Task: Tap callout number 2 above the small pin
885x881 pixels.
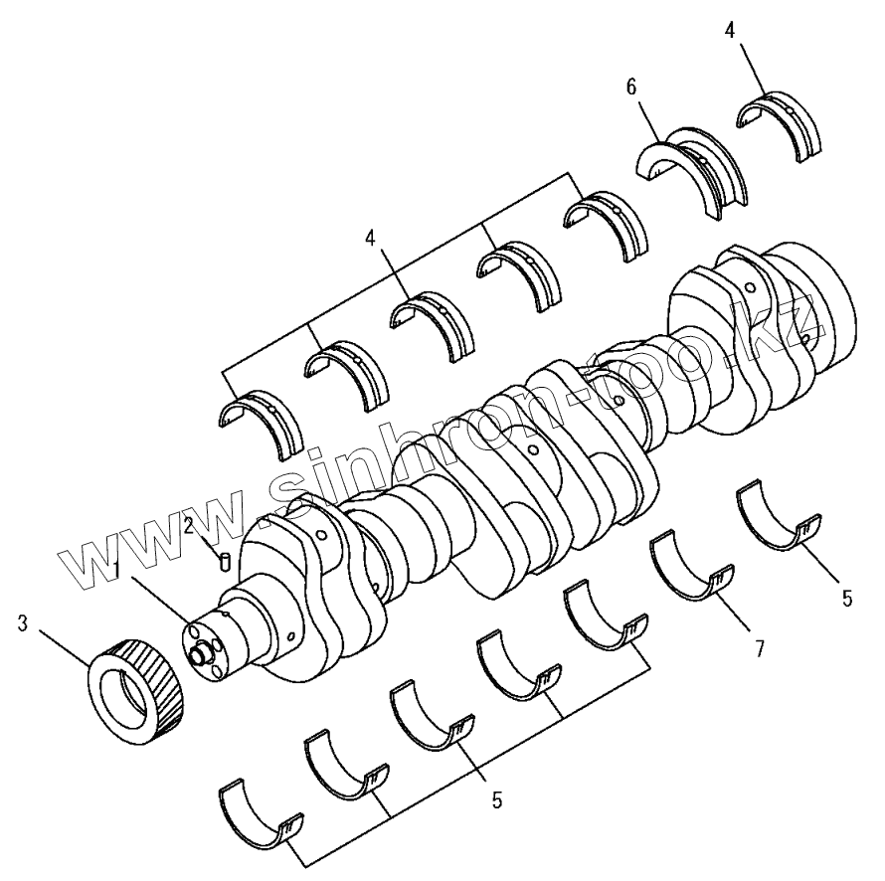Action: [x=189, y=526]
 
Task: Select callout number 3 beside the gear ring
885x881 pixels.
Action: [x=23, y=623]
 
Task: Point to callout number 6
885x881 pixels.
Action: [x=631, y=87]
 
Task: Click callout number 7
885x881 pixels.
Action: [x=759, y=649]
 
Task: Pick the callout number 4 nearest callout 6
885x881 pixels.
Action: [x=730, y=31]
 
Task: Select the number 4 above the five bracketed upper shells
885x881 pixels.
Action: [x=370, y=239]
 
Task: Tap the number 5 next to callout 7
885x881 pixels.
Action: [x=846, y=599]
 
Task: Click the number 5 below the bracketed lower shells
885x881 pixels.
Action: [x=496, y=799]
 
